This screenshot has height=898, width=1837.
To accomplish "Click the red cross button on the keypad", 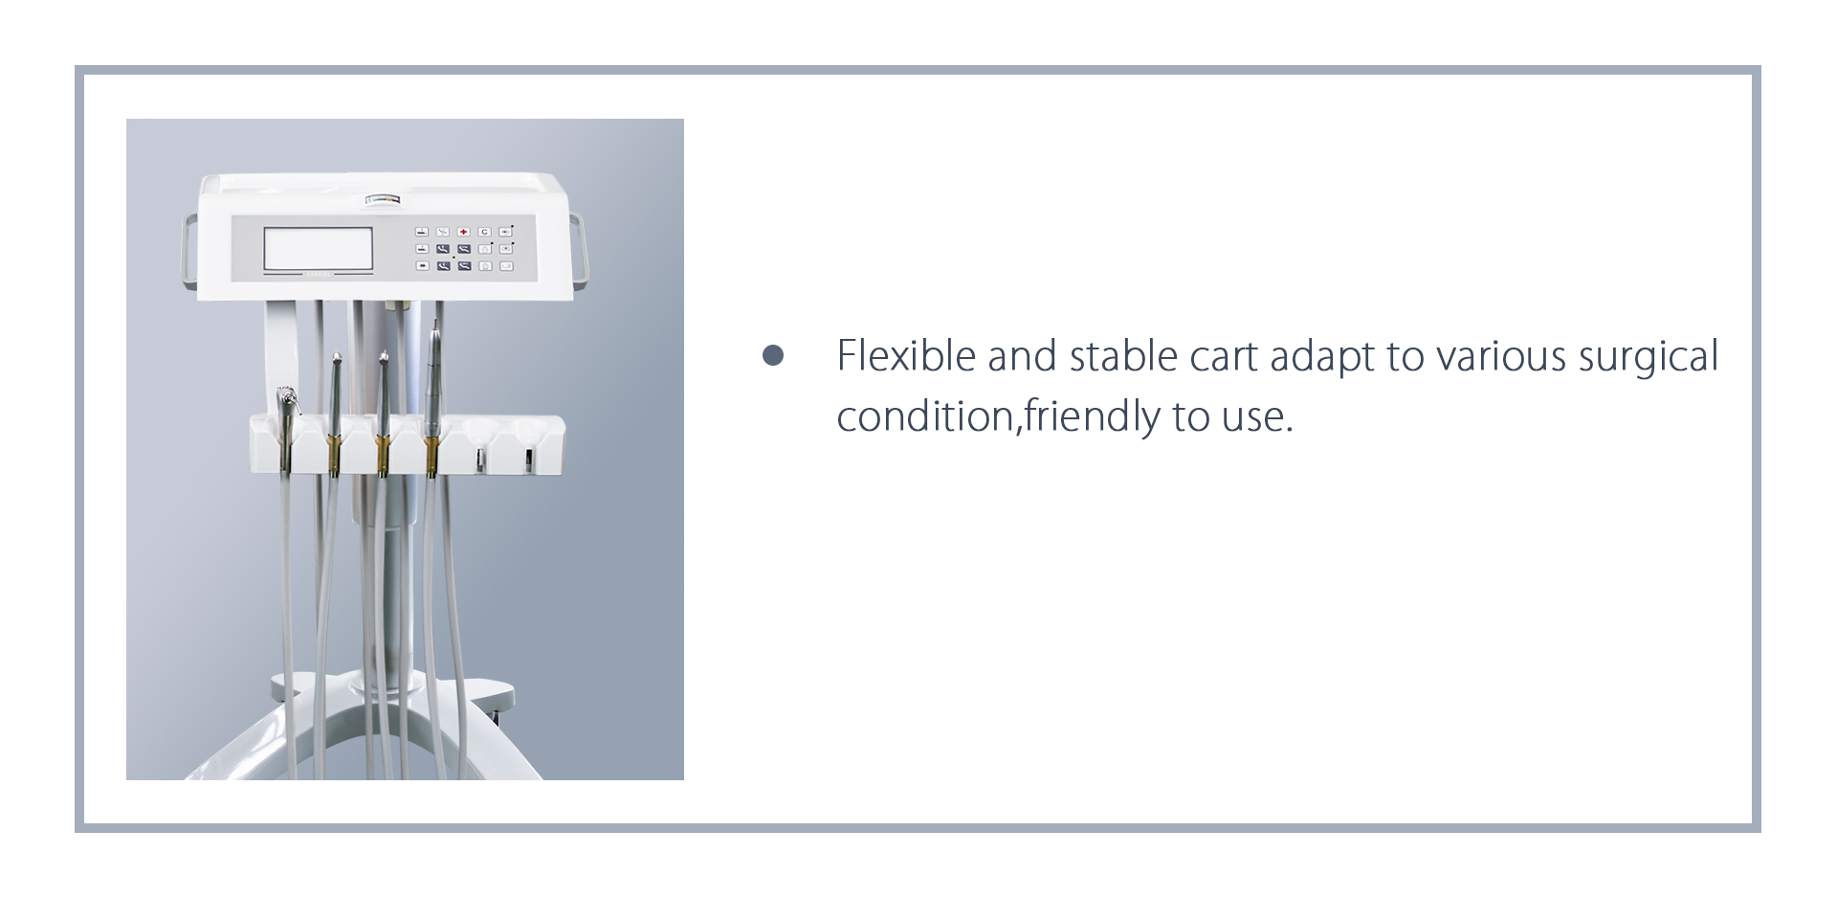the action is [463, 232].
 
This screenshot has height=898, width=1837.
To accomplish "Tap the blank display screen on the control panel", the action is [319, 248].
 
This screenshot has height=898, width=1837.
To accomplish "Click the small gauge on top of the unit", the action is [385, 199].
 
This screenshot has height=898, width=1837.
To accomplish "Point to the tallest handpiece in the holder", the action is [433, 397].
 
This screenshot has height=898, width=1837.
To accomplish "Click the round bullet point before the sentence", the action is [773, 356].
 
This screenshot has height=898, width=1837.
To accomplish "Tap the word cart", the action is [1224, 357].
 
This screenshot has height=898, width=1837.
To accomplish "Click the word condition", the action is [924, 416].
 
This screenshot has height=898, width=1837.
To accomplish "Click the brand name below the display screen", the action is [318, 275].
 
